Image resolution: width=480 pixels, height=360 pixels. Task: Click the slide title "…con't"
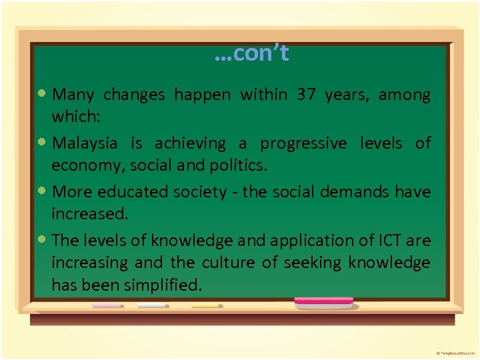tap(251, 53)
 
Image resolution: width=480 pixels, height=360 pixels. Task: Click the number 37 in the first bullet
tap(306, 95)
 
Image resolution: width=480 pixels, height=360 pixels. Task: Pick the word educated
tap(129, 192)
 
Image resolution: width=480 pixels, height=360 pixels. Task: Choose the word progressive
tap(303, 143)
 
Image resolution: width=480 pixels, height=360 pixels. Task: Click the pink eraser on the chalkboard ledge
tap(324, 301)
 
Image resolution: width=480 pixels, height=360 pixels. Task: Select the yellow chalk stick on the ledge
tap(205, 305)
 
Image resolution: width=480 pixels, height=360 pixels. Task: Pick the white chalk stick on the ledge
tap(152, 305)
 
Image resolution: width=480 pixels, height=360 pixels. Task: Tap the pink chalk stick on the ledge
tap(107, 305)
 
